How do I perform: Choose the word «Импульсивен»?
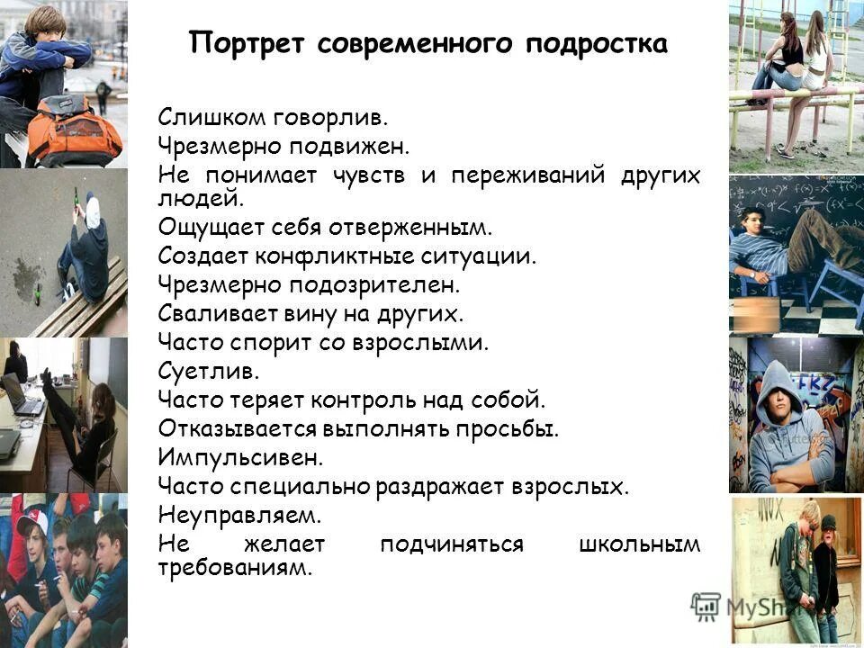pyautogui.click(x=239, y=458)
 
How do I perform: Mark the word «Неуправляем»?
pyautogui.click(x=239, y=517)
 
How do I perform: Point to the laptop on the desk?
pyautogui.click(x=23, y=397)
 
